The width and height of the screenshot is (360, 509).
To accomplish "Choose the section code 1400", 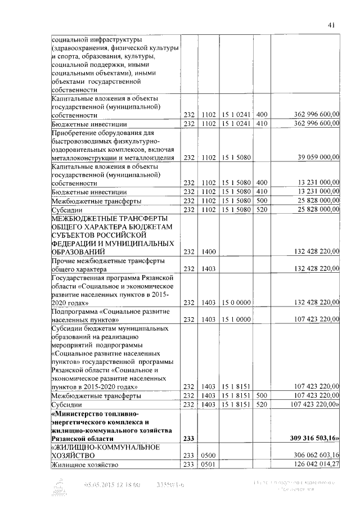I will pos(209,251).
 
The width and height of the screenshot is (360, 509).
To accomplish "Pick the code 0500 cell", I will pos(209,454).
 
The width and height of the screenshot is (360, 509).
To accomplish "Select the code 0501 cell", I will pos(209,464).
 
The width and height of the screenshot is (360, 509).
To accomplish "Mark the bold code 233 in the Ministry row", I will pos(188,438).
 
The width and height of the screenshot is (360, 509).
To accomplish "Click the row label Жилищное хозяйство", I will pos(80,464).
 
